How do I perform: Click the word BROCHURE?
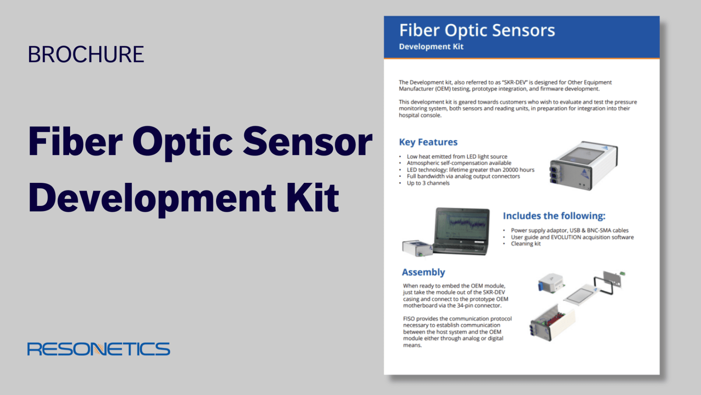pyautogui.click(x=86, y=54)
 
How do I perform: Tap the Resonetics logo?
pyautogui.click(x=99, y=349)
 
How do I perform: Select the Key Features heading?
pyautogui.click(x=428, y=142)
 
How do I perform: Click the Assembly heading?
pyautogui.click(x=423, y=272)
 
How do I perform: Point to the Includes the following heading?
pyautogui.click(x=554, y=216)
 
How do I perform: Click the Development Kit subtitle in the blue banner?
pyautogui.click(x=431, y=47)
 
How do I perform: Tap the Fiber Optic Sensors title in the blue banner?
pyautogui.click(x=477, y=30)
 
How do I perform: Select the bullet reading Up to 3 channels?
pyautogui.click(x=428, y=183)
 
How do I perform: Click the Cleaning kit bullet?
pyautogui.click(x=526, y=244)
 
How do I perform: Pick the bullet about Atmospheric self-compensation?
pyautogui.click(x=459, y=163)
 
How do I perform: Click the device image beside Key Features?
pyautogui.click(x=583, y=165)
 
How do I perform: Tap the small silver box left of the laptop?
pyautogui.click(x=417, y=248)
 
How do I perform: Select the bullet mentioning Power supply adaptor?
pyautogui.click(x=570, y=230)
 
